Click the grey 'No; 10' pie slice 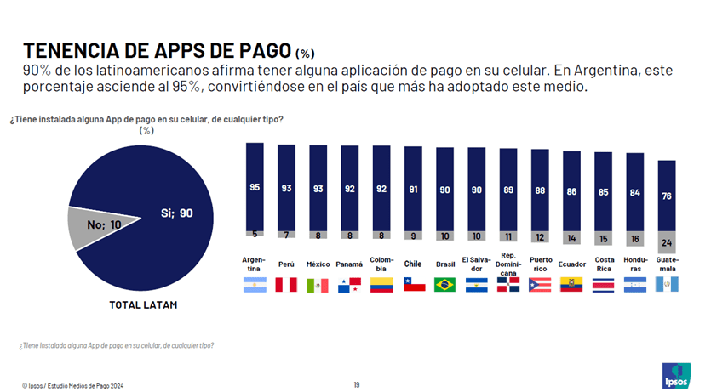pyautogui.click(x=89, y=228)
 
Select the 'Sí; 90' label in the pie pyautogui.click(x=176, y=213)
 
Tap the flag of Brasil pyautogui.click(x=445, y=285)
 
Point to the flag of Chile pyautogui.click(x=414, y=285)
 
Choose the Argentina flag pyautogui.click(x=255, y=285)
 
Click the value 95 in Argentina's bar pyautogui.click(x=255, y=186)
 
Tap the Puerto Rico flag pyautogui.click(x=541, y=285)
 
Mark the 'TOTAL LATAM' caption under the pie pyautogui.click(x=142, y=304)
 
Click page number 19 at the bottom pyautogui.click(x=356, y=384)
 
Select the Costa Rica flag pyautogui.click(x=604, y=285)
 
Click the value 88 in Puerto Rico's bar pyautogui.click(x=541, y=190)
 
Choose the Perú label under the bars pyautogui.click(x=287, y=264)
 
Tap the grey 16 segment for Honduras pyautogui.click(x=635, y=241)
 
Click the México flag pyautogui.click(x=318, y=285)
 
